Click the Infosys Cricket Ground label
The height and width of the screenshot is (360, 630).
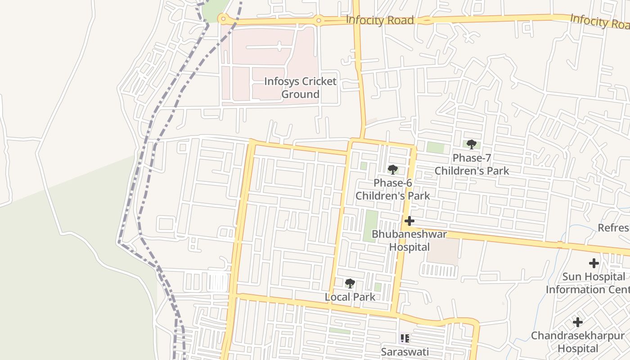click(x=300, y=88)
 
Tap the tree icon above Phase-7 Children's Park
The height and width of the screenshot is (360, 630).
click(x=471, y=144)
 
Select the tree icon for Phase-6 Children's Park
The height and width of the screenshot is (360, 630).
click(x=392, y=170)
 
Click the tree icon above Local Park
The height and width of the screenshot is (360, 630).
click(x=350, y=283)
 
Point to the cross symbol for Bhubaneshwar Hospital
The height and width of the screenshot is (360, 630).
click(x=409, y=221)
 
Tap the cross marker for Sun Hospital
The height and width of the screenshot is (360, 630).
click(x=594, y=263)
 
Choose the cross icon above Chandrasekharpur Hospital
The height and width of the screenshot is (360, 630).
click(x=578, y=322)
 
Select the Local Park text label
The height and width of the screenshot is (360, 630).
click(x=350, y=297)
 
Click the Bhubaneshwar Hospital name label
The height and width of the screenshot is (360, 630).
click(x=409, y=240)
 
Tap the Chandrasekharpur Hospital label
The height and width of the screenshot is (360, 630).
click(x=578, y=342)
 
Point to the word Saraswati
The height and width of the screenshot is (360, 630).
click(x=405, y=351)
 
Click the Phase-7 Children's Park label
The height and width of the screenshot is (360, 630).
click(x=472, y=164)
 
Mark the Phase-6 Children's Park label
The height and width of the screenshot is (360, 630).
click(x=393, y=189)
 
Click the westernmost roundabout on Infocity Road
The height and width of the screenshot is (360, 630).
click(x=222, y=18)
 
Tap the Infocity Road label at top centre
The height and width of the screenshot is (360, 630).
click(x=379, y=20)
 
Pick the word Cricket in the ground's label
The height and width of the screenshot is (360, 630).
click(x=319, y=81)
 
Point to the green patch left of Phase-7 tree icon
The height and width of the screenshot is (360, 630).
click(x=435, y=147)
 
